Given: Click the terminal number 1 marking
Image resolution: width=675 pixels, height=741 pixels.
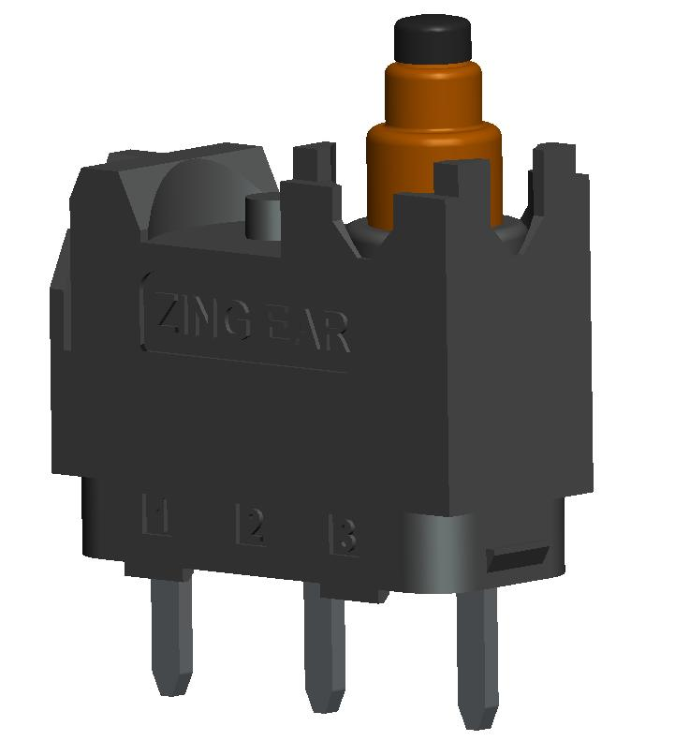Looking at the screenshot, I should coord(155,516).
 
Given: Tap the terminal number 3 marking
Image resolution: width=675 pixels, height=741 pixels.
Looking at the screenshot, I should coord(345,537).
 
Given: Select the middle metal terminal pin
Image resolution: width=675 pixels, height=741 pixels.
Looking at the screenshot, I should coord(323,656).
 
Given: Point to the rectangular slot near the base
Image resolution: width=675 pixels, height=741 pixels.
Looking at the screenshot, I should coord(519,559).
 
